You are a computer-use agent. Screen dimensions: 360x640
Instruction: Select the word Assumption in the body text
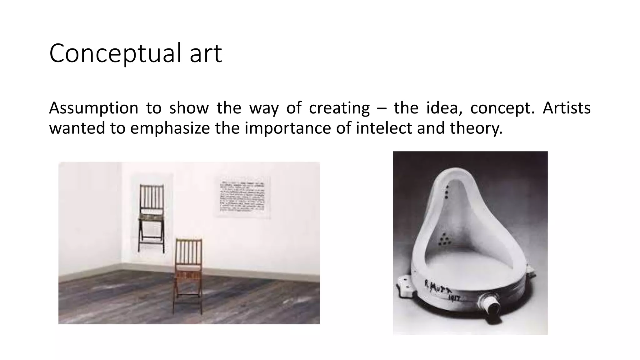pyautogui.click(x=93, y=108)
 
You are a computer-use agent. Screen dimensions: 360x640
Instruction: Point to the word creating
pyautogui.click(x=339, y=108)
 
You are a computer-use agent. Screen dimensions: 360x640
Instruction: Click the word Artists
pyautogui.click(x=566, y=108)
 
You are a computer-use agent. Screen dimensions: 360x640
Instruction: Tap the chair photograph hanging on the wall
pyautogui.click(x=152, y=216)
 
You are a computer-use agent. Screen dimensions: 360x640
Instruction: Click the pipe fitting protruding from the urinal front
pyautogui.click(x=489, y=304)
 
